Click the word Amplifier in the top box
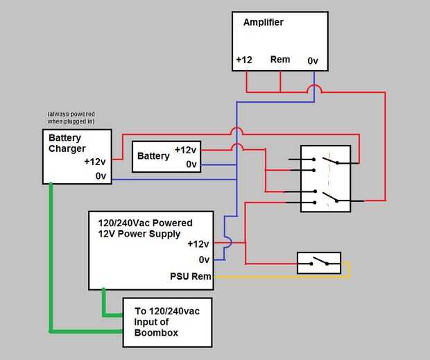[263, 22]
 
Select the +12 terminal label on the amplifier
[243, 60]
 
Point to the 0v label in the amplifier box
[313, 61]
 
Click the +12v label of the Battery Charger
[95, 162]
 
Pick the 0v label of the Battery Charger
[101, 176]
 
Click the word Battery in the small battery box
[153, 156]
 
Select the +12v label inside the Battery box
[186, 150]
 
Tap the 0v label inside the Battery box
[191, 164]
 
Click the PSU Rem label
[189, 276]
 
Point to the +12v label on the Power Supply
[198, 244]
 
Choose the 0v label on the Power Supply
[204, 259]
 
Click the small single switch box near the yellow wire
[319, 263]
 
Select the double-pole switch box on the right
[325, 178]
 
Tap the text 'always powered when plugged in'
[71, 117]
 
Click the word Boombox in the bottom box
[157, 333]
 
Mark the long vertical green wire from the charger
[51, 257]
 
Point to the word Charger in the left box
[67, 148]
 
